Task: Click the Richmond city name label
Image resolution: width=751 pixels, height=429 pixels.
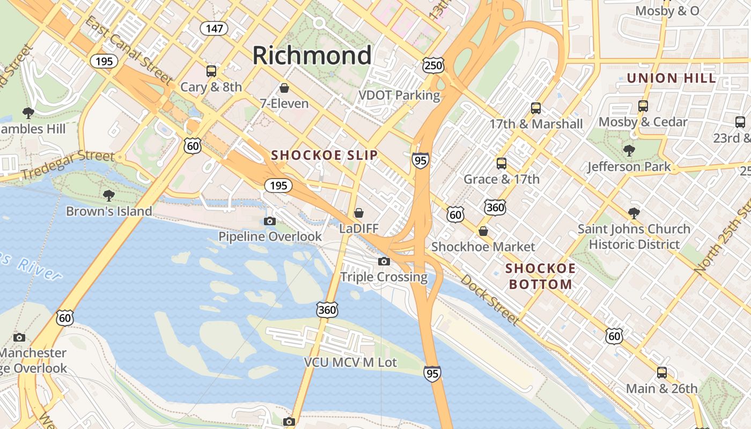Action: click(312, 55)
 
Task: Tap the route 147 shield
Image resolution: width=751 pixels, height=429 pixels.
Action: click(214, 28)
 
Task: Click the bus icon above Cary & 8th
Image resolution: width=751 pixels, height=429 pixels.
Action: click(211, 71)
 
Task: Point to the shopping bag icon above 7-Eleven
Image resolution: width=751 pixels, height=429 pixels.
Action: click(284, 87)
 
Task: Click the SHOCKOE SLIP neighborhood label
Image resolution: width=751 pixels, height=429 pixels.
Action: click(324, 156)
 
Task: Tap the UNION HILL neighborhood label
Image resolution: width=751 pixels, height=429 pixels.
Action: click(671, 78)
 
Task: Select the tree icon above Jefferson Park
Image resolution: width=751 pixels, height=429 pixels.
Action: click(629, 151)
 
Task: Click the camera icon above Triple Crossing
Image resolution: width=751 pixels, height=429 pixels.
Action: click(384, 261)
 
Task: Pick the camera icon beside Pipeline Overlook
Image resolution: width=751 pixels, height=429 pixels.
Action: click(270, 221)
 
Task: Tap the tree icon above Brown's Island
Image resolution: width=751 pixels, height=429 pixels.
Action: click(109, 195)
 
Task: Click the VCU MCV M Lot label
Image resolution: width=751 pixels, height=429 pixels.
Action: click(350, 363)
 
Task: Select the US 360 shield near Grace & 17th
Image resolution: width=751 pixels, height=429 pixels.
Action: click(494, 208)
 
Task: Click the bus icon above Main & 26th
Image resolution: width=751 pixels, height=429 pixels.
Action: click(662, 373)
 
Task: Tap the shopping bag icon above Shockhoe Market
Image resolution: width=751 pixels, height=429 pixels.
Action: click(483, 231)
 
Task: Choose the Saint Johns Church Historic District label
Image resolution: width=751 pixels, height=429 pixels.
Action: click(634, 236)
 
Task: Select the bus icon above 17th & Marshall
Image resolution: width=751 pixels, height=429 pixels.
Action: click(535, 108)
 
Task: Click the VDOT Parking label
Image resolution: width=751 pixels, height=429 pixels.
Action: click(399, 95)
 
